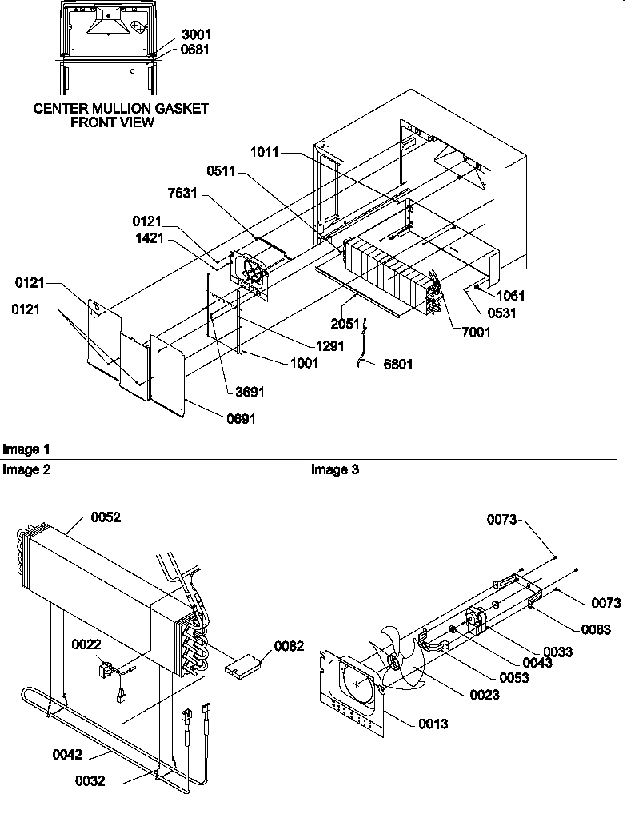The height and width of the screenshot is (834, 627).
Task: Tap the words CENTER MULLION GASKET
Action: coord(121,109)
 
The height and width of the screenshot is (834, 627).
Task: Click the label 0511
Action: coord(221,170)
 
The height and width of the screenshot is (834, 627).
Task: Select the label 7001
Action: coord(477,332)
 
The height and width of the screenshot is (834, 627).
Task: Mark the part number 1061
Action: coord(509,296)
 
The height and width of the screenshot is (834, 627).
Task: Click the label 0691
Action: coord(241,418)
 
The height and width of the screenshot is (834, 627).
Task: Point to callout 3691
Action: coord(249,392)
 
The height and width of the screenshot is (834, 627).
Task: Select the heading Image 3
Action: coord(335,470)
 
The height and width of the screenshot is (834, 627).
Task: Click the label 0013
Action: coord(432,724)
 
